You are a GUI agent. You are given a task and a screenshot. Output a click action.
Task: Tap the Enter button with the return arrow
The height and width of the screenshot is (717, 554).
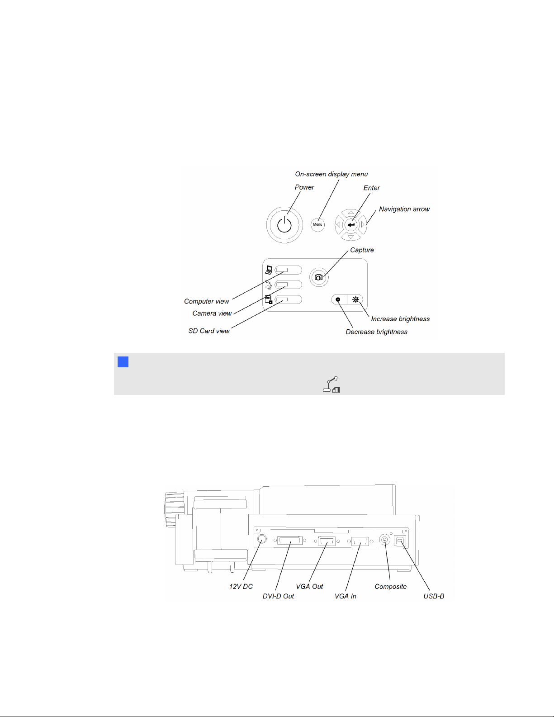[x=351, y=224]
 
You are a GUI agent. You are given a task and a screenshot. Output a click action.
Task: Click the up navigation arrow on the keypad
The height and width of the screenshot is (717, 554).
[x=351, y=212]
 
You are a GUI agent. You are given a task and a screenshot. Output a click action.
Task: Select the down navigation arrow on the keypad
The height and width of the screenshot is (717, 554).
[x=351, y=237]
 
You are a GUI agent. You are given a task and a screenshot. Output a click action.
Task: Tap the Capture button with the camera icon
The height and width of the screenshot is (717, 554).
[x=319, y=277]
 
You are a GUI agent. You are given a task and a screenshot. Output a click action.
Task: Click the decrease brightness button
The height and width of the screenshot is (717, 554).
[x=338, y=299]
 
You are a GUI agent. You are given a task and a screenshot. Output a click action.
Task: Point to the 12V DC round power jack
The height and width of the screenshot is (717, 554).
[x=261, y=539]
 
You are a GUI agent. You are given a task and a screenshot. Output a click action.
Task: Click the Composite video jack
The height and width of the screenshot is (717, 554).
[x=384, y=540]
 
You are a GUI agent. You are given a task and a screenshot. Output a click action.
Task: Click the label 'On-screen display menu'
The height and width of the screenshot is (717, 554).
[x=331, y=174]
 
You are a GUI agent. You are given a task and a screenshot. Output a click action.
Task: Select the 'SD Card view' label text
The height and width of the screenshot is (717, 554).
[x=209, y=331]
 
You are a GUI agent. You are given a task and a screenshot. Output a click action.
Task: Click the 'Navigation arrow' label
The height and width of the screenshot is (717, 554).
[x=404, y=209]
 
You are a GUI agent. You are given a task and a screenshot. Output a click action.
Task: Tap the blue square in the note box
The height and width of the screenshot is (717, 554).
[x=123, y=362]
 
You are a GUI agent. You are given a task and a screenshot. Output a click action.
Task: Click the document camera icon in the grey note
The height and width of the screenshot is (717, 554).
[x=331, y=385]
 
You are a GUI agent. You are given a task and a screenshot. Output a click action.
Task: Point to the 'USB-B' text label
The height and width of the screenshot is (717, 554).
[x=434, y=596]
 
